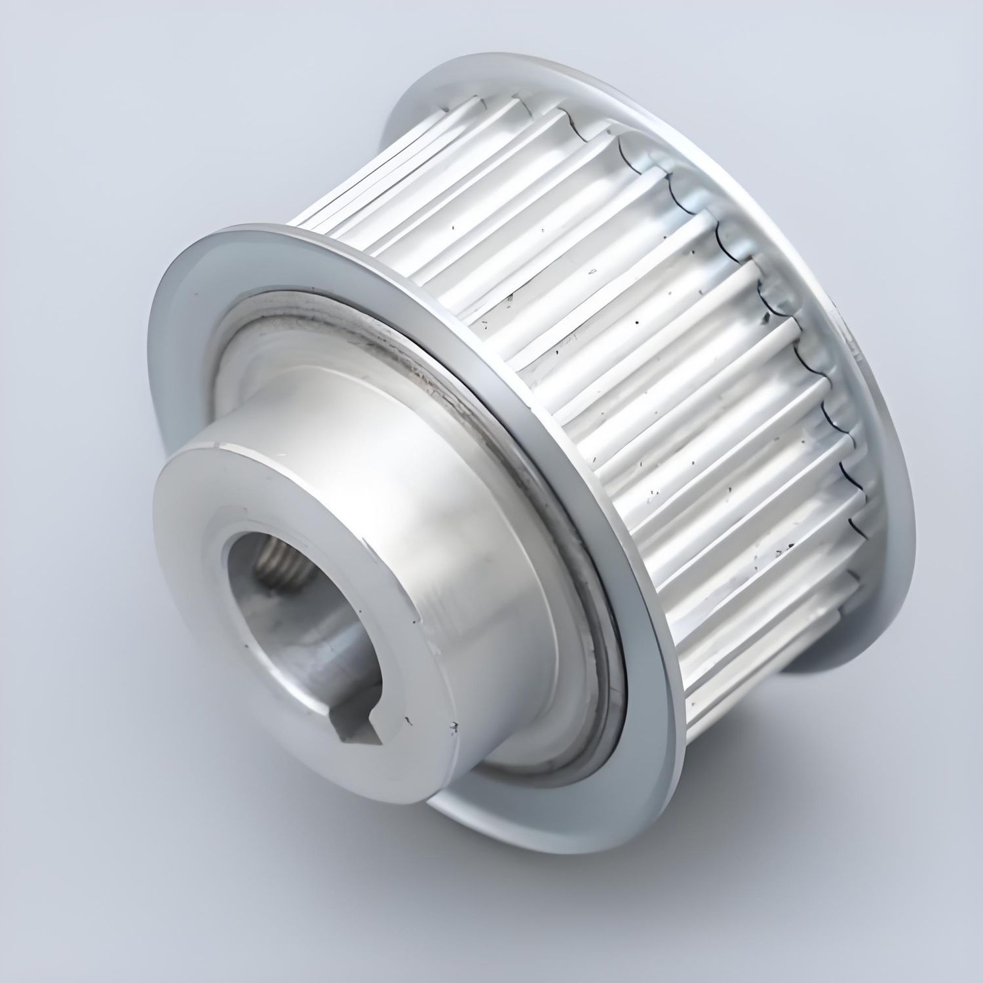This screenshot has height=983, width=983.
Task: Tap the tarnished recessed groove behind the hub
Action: [x=433, y=367]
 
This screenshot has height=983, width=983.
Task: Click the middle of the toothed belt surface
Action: [x=623, y=328]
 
